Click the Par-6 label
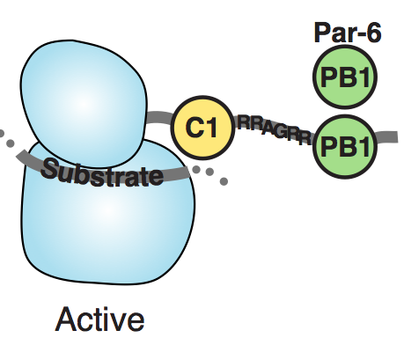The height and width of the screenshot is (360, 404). pos(348,33)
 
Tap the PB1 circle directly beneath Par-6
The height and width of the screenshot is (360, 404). pos(345,77)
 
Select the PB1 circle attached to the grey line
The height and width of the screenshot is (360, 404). pos(345,146)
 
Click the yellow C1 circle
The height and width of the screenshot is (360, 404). pos(202,128)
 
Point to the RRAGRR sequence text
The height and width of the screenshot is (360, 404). pos(275,130)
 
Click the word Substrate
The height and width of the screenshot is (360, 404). pos(102,173)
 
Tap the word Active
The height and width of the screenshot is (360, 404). pos(99,320)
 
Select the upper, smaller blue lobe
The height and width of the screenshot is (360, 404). pos(84,103)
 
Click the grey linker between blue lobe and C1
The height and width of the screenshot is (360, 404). pos(159,117)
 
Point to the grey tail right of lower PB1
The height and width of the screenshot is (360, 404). pos(386,136)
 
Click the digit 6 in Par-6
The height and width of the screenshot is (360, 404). pos(372,33)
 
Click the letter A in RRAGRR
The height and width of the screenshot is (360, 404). pos(268,129)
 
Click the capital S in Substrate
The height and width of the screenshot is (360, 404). pos(49,169)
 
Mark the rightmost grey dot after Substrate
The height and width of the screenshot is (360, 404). pos(224,181)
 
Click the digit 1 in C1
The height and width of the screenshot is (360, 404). pos(212,128)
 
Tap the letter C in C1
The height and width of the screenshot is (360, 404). pos(194,128)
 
